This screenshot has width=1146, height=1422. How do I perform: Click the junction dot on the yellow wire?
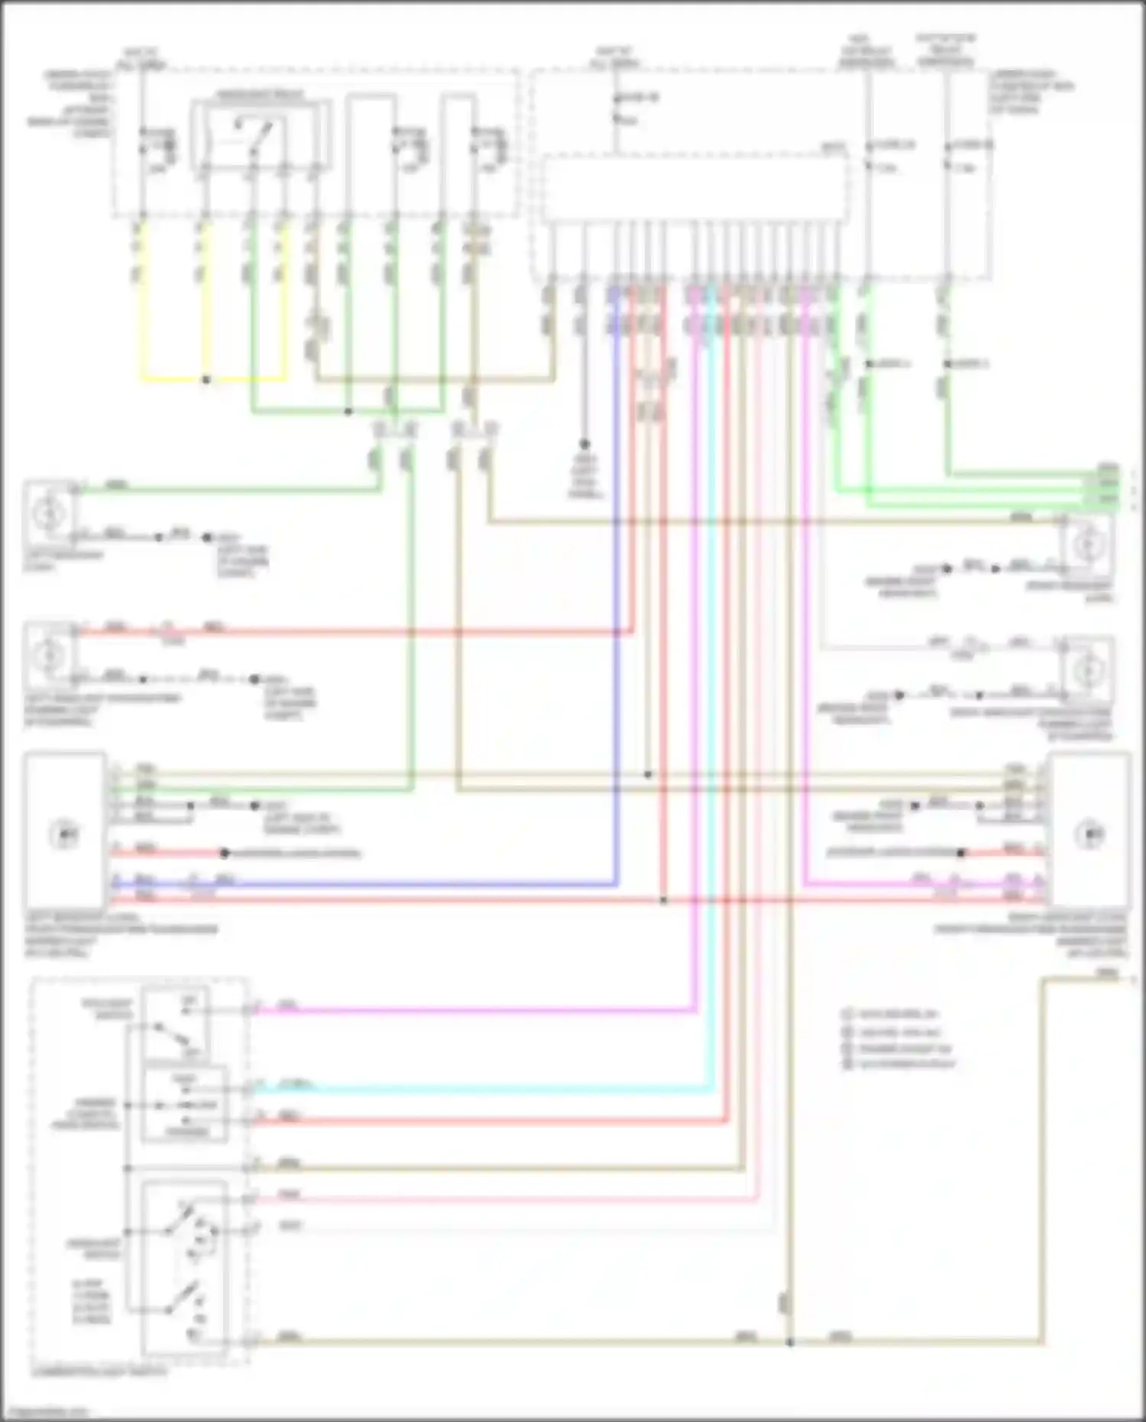(206, 379)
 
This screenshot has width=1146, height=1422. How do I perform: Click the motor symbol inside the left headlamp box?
(64, 834)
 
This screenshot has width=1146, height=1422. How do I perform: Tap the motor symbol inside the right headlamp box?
(1089, 834)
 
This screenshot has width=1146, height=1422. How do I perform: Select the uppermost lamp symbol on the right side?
(1086, 544)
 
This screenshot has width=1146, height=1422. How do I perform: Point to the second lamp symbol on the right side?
(1086, 670)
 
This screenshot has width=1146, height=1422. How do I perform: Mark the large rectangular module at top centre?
(695, 189)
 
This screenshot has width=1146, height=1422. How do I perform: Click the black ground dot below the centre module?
(584, 444)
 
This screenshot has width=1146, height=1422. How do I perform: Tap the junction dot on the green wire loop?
(348, 412)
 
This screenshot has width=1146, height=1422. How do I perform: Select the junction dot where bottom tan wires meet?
(790, 1342)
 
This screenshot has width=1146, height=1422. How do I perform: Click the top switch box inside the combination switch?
(176, 1024)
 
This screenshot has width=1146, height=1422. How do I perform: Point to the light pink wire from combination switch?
(497, 1200)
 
